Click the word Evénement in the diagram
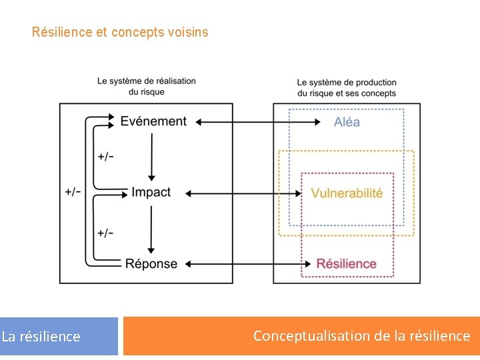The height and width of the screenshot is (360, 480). [153, 121]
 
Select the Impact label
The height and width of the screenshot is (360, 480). [151, 193]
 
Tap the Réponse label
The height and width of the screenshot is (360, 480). [151, 264]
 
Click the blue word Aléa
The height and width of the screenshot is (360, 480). [347, 122]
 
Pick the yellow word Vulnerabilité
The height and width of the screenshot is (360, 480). [347, 193]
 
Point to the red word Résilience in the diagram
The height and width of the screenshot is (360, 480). [347, 264]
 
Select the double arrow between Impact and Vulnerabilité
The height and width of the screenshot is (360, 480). [243, 193]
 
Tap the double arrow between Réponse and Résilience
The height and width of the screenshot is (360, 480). [243, 264]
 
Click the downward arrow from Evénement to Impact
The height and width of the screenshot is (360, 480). [152, 157]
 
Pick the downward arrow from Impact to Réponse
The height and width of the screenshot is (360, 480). [152, 229]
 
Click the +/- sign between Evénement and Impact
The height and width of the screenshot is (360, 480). [105, 157]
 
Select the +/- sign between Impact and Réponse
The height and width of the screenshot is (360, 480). [105, 233]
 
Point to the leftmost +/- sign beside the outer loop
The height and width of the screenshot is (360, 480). [73, 192]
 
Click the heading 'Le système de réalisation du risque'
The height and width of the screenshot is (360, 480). [147, 86]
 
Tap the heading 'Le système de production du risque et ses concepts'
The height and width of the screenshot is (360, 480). [347, 88]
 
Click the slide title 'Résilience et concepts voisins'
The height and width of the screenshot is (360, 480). [120, 32]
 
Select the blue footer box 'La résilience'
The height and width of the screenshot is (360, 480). [59, 336]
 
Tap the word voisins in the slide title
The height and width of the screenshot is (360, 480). [190, 32]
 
